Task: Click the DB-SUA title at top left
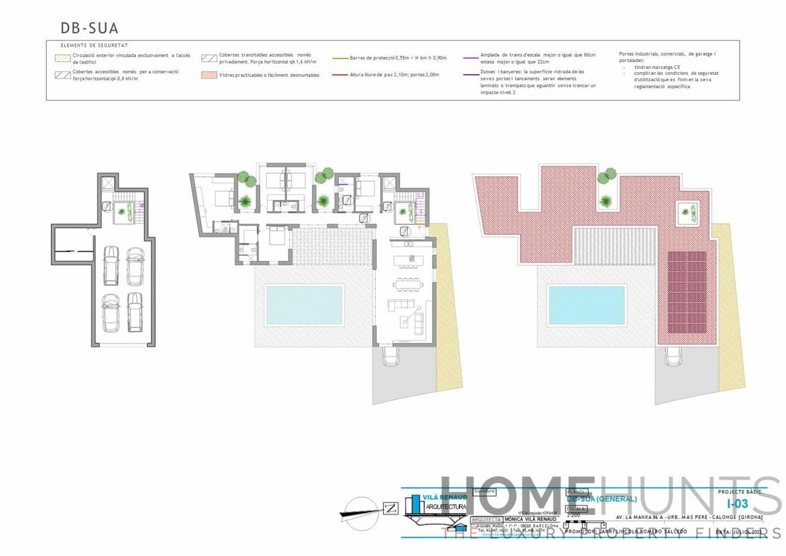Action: point(90,28)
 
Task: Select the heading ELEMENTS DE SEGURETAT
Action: point(94,45)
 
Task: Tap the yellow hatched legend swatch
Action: point(63,58)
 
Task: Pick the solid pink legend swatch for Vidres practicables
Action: point(209,75)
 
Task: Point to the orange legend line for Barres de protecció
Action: point(341,58)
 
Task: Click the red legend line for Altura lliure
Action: point(341,75)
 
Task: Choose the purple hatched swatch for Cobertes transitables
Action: point(209,58)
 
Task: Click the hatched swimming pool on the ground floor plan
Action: point(303,305)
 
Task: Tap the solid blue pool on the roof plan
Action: point(587,305)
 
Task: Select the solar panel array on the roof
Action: point(687,292)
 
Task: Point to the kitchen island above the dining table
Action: point(406,260)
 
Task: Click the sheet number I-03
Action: point(737,503)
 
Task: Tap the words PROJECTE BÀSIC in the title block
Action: point(739,492)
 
